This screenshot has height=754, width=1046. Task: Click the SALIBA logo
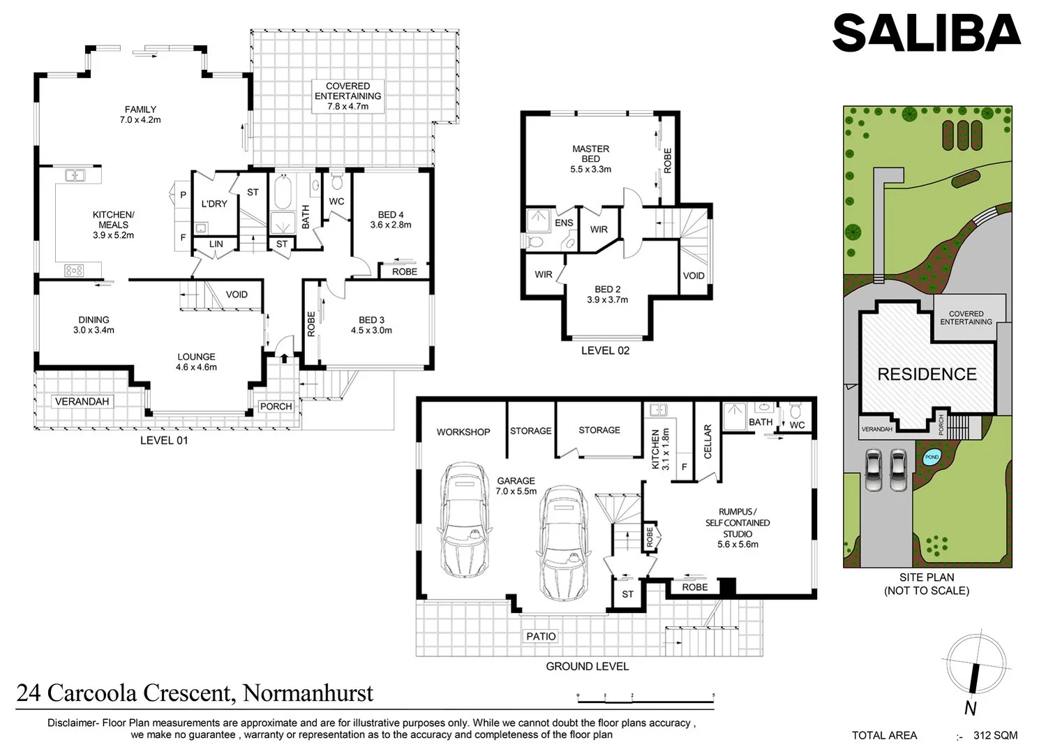[x=926, y=34]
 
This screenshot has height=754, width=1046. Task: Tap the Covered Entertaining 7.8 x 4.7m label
[x=348, y=96]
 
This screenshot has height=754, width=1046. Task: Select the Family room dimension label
[x=140, y=114]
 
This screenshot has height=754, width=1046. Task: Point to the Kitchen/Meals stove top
[x=74, y=269]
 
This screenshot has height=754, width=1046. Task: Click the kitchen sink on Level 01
[x=75, y=175]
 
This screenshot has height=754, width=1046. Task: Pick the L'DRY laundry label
[x=214, y=204]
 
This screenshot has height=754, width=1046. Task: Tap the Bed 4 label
[x=391, y=219]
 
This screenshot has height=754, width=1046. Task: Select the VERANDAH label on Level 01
[x=82, y=401]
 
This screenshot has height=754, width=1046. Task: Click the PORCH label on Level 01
[x=276, y=406]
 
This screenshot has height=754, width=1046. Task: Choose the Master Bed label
[x=590, y=158]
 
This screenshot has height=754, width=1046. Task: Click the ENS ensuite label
[x=564, y=223]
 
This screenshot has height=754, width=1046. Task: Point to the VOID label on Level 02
[x=693, y=276]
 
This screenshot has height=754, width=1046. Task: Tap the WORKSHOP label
[x=463, y=432]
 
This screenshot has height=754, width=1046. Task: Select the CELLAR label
[x=708, y=441]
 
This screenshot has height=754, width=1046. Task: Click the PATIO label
[x=541, y=636]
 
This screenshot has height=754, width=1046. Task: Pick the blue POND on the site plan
[x=932, y=457]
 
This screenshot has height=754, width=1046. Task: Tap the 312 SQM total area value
[x=995, y=735]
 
